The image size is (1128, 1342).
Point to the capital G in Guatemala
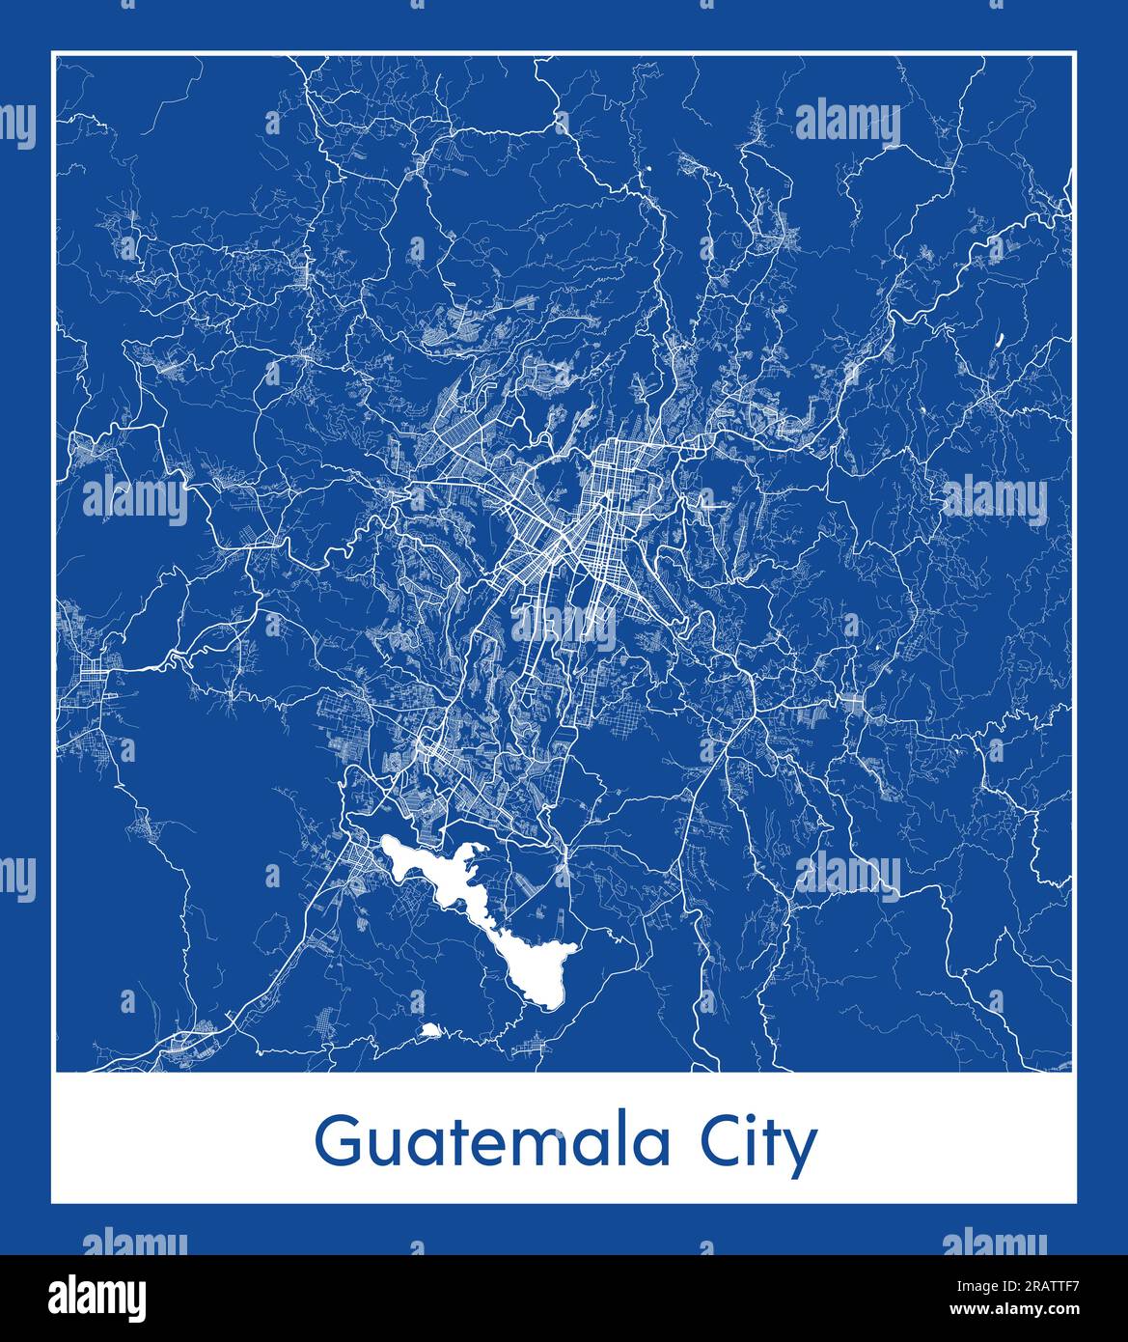click(x=337, y=1144)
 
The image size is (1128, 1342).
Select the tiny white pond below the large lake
click(x=430, y=1031)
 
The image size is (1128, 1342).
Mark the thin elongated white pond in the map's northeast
click(x=998, y=339)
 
